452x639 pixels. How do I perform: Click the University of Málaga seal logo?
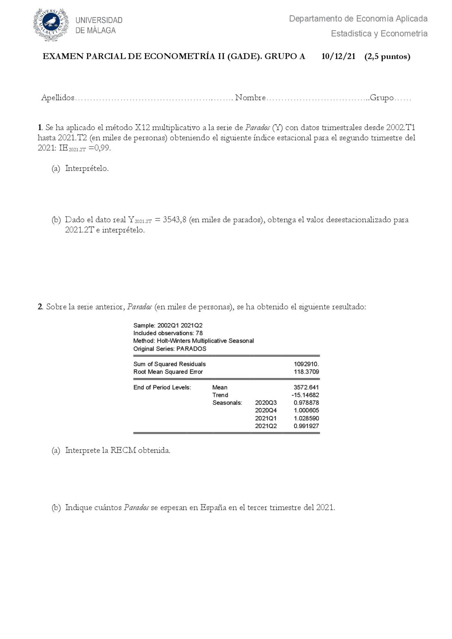(x=51, y=25)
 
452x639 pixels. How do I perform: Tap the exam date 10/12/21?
(x=338, y=56)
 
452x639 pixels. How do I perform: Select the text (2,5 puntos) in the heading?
(x=387, y=56)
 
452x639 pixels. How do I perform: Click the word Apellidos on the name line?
(x=58, y=98)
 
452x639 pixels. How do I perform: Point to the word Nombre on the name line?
(x=250, y=98)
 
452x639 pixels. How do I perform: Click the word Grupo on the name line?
(x=381, y=98)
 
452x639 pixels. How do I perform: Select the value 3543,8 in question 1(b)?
(x=174, y=220)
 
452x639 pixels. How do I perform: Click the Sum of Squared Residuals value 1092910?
(x=306, y=364)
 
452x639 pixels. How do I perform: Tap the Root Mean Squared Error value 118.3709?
(x=306, y=372)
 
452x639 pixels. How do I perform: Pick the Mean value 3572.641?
(x=306, y=387)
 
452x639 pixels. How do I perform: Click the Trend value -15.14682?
(x=305, y=395)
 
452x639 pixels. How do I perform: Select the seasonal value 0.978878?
(x=306, y=403)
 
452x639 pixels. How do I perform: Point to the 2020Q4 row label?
(x=266, y=410)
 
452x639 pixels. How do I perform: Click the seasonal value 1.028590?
(x=306, y=418)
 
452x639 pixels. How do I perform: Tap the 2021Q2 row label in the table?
(x=266, y=426)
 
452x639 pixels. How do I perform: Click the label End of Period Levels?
(x=162, y=387)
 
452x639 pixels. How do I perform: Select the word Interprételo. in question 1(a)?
(x=87, y=169)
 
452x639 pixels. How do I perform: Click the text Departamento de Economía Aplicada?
(x=358, y=19)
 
